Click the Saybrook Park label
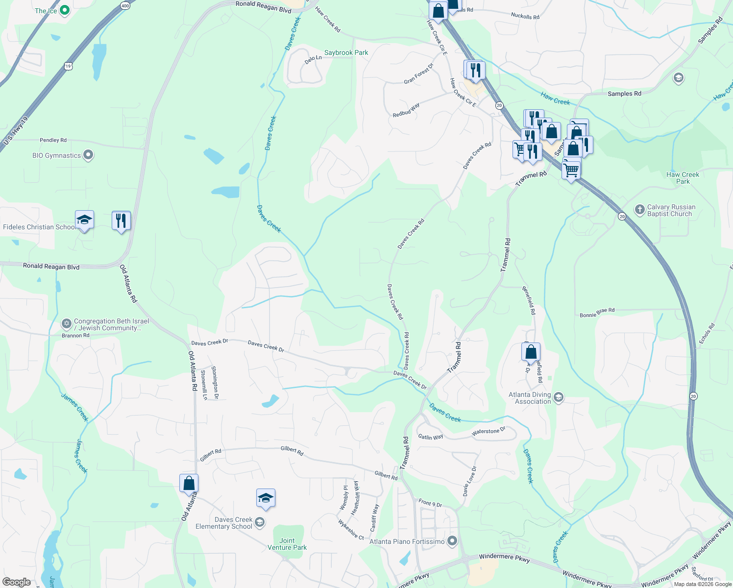click(346, 52)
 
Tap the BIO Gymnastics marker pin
click(88, 155)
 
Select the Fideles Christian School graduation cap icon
click(84, 220)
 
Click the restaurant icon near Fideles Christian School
click(121, 220)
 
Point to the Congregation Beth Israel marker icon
click(67, 324)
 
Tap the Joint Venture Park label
click(287, 544)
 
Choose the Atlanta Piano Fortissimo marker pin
click(452, 541)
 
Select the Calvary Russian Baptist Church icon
click(639, 210)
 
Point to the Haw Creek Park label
click(683, 178)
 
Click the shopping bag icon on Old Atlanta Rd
click(189, 484)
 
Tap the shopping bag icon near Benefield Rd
click(531, 352)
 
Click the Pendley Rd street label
click(53, 140)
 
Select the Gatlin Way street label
click(431, 437)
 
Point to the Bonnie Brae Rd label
click(597, 313)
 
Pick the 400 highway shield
click(125, 6)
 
